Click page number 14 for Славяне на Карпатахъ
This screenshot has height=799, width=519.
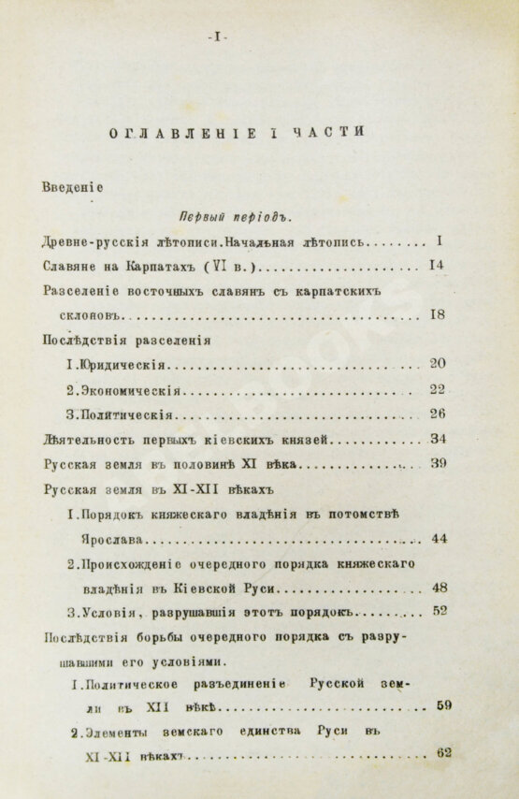coord(436,265)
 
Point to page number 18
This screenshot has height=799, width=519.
coord(437,314)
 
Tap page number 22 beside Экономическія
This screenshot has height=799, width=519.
coord(437,389)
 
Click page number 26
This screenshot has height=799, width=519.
coord(437,414)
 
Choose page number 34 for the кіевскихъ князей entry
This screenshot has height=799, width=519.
coord(437,439)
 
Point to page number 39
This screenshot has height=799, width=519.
coord(438,463)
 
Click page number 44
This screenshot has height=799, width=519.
coord(439,538)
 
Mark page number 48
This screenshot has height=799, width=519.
coord(440,588)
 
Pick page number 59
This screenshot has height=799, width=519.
coord(444,705)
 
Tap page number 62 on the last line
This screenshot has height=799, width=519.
coord(443,752)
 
